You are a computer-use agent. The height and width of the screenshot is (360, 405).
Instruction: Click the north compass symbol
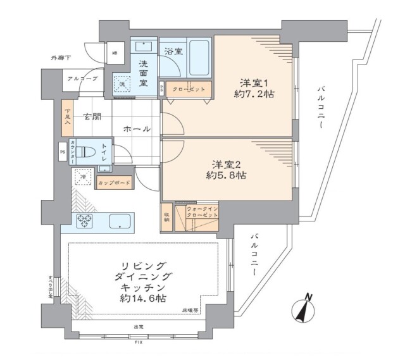point(306,311)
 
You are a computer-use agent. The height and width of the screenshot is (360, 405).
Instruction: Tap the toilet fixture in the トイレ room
point(92,153)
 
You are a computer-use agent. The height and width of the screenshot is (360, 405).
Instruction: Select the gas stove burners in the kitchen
point(85,220)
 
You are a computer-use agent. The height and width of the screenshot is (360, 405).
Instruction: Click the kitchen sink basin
point(119,221)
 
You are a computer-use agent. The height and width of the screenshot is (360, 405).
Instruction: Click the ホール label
point(137,129)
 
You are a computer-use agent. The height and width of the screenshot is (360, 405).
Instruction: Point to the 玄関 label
point(92,116)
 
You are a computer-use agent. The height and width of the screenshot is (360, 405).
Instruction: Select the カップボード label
point(114,183)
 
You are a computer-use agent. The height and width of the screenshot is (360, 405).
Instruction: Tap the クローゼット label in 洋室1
point(189,89)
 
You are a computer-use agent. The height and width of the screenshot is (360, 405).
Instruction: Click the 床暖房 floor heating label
point(192,310)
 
